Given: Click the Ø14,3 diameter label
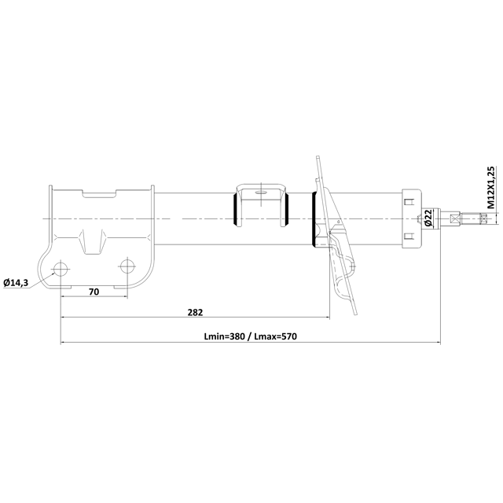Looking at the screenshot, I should coord(17,282).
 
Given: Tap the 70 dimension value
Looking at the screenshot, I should coord(93,292).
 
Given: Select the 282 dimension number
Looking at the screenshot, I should coord(195,312).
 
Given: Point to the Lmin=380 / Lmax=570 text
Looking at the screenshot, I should coord(249,336).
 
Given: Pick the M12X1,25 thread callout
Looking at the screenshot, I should coord(490,186).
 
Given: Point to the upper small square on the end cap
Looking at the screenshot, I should coord(407,202).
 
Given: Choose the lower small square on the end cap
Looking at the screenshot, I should coord(407,236).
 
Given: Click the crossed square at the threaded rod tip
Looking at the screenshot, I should coord(457,219).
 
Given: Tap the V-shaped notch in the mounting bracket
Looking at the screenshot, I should coord(94,239).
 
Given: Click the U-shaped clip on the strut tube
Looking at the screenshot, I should coord(262,203).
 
